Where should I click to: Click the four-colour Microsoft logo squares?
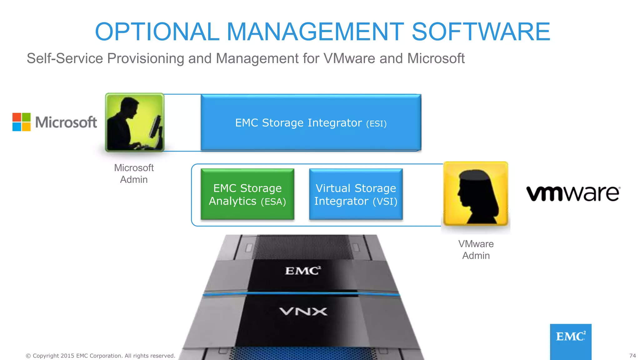point(22,122)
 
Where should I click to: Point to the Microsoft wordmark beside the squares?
point(66,122)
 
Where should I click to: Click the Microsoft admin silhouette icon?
point(135,122)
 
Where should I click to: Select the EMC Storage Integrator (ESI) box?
point(311,122)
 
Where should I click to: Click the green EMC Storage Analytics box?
point(247,194)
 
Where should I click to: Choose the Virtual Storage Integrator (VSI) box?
point(356,194)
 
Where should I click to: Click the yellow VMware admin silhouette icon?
point(476,194)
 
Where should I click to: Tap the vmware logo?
point(573,193)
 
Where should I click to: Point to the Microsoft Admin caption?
point(134,173)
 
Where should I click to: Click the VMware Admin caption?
point(476,250)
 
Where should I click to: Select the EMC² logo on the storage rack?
point(303,271)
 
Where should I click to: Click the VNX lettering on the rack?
point(303,312)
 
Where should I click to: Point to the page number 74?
point(632,356)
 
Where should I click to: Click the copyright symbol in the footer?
point(28,356)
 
